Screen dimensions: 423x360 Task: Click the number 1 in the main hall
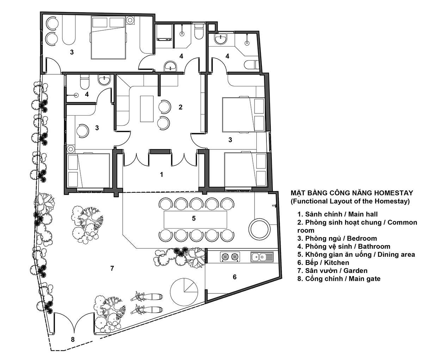(162, 174)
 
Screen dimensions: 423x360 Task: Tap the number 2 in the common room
(180, 107)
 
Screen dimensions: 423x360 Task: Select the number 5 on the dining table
(194, 218)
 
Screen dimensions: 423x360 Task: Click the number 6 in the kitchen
(235, 277)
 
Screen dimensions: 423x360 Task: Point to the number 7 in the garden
(112, 268)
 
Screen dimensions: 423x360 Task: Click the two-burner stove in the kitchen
(230, 257)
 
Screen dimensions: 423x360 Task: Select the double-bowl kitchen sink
(262, 257)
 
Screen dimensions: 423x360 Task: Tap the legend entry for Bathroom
(344, 247)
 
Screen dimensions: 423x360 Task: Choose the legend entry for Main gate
(339, 279)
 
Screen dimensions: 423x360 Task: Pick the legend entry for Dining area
(356, 255)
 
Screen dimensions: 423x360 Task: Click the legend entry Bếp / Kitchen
(323, 263)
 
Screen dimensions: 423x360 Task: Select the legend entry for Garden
(332, 271)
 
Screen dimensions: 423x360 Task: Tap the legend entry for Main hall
(337, 214)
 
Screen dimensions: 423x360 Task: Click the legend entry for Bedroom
(337, 238)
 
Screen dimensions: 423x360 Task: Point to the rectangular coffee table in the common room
(147, 109)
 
